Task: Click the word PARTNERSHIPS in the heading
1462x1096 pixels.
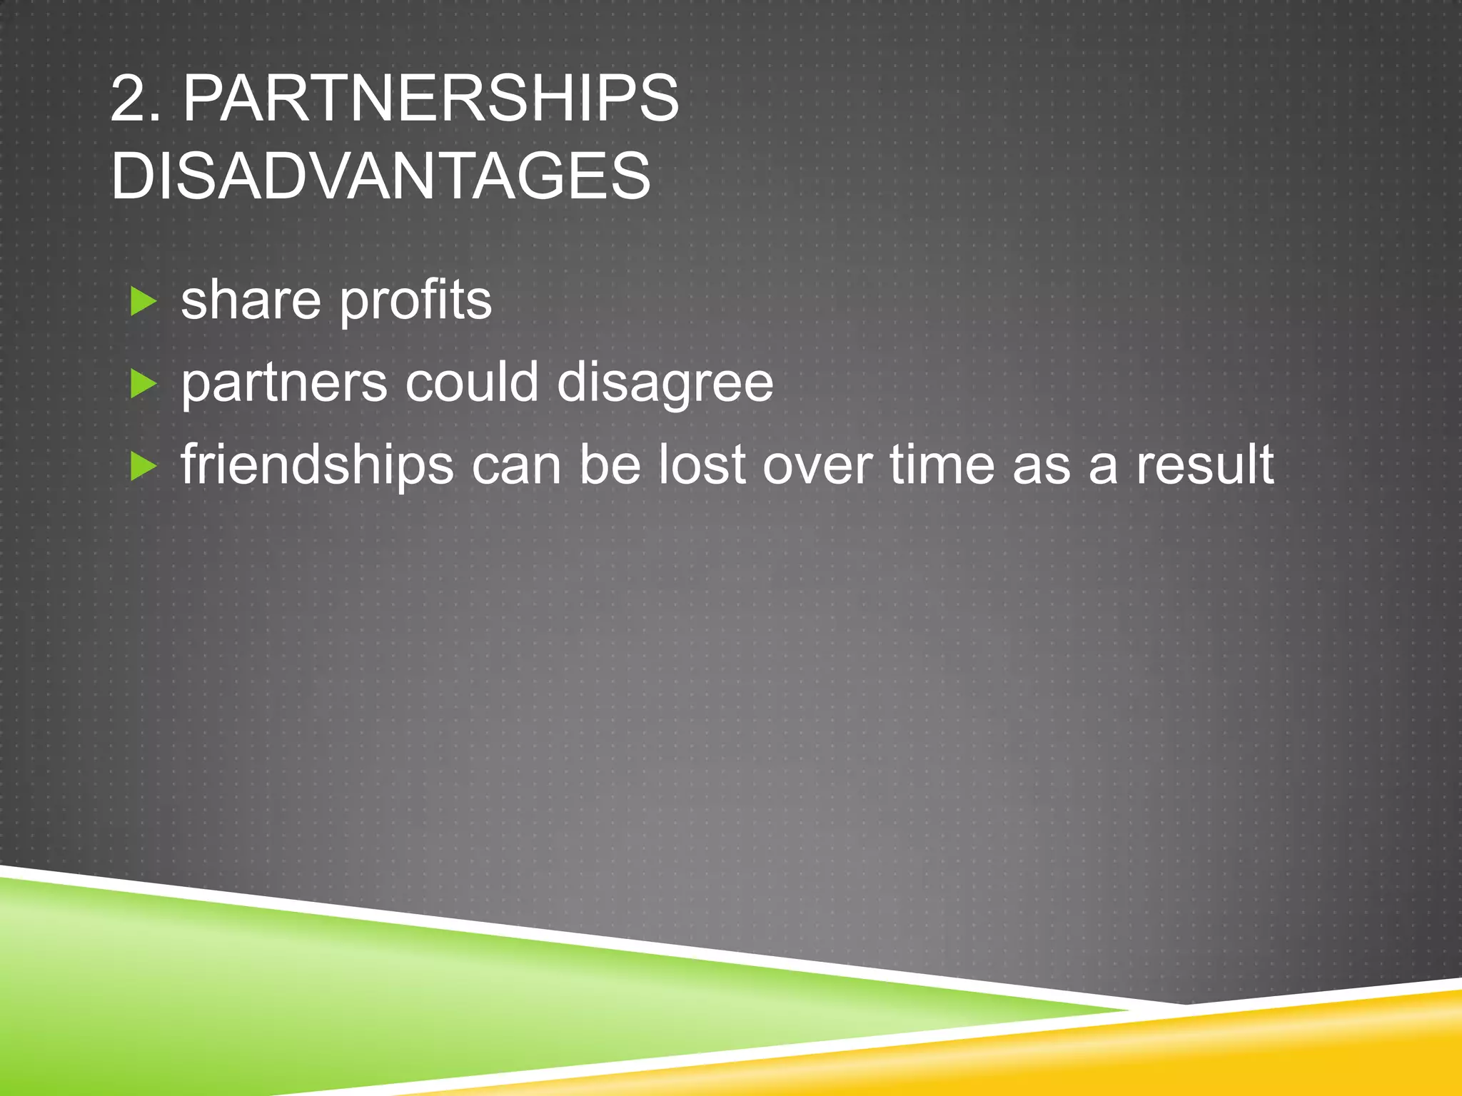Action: pos(430,99)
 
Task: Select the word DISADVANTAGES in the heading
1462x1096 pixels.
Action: pos(381,176)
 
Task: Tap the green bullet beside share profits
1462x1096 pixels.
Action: pos(143,302)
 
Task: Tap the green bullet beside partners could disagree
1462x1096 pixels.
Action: pos(143,385)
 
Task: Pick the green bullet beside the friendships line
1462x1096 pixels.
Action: pos(143,467)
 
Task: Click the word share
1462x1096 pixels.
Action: pos(251,300)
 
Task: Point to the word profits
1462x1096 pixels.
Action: pos(415,302)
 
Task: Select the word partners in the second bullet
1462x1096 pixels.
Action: pos(284,384)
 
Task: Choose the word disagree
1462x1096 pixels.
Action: pos(665,384)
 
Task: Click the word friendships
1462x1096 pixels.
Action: pos(317,465)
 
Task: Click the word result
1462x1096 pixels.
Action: pos(1204,465)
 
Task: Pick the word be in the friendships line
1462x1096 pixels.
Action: pos(609,465)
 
